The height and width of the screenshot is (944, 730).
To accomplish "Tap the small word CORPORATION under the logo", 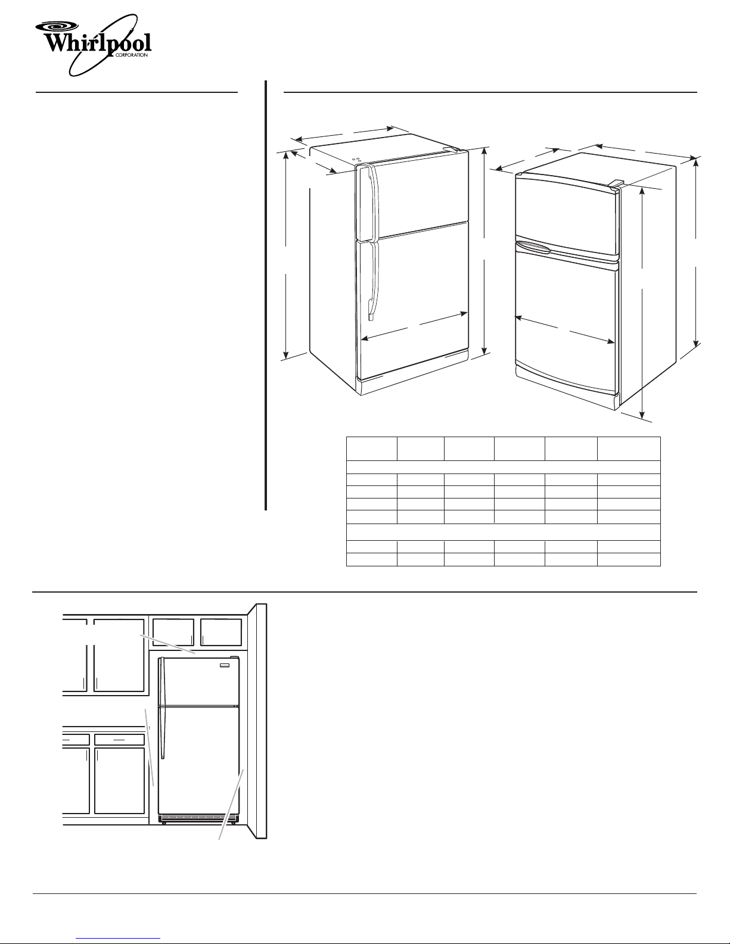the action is tap(131, 55).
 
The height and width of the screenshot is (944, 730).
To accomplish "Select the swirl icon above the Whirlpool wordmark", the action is tap(56, 26).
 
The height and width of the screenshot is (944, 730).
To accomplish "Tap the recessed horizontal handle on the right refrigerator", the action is tap(533, 247).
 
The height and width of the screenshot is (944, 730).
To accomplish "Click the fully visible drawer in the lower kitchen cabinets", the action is tap(120, 739).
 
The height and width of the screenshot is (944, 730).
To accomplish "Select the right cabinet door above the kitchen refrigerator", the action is tap(221, 633).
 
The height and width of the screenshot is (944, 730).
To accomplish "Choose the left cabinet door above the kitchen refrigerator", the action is tap(173, 633).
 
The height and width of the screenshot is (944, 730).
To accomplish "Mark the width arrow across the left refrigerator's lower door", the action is tap(414, 325).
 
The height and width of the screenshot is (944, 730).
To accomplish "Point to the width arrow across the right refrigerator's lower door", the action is tap(564, 330).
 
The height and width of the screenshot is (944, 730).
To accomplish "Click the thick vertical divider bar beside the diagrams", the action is tap(266, 295).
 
